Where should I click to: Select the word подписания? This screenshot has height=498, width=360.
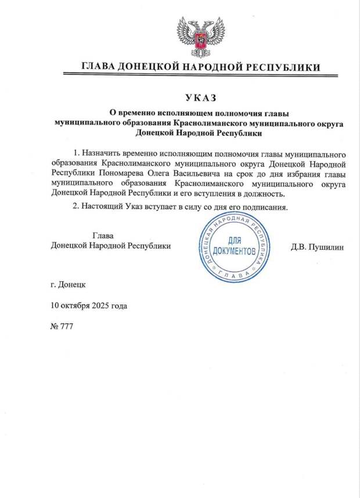pyautogui.click(x=267, y=207)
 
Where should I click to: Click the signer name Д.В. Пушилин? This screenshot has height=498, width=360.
pyautogui.click(x=317, y=247)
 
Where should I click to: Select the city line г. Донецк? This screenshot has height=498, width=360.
pyautogui.click(x=68, y=285)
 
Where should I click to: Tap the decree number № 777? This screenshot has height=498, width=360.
pyautogui.click(x=62, y=327)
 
